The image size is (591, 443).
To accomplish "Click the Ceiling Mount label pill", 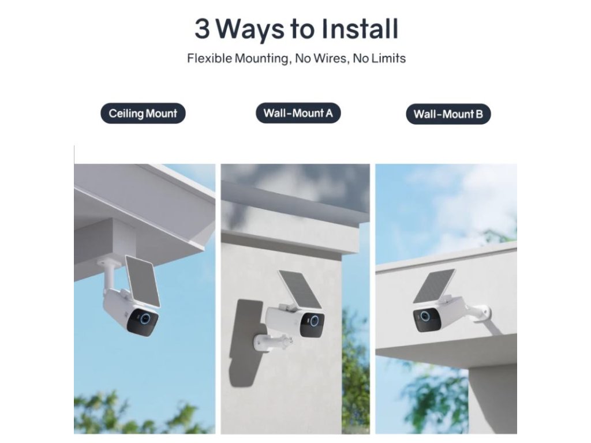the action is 143,114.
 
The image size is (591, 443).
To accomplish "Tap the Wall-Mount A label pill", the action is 298,113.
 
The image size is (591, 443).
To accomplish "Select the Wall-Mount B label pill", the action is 448,114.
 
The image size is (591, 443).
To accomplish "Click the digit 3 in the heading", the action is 202,29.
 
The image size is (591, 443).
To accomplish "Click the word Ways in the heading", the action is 250,30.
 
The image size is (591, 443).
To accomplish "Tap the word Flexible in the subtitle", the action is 210,58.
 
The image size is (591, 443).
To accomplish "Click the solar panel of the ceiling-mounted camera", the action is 143,281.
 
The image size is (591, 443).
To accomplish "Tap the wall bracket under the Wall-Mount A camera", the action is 272,342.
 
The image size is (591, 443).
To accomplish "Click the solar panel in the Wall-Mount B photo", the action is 434,286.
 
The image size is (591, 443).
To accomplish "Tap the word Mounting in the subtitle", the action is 263,59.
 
